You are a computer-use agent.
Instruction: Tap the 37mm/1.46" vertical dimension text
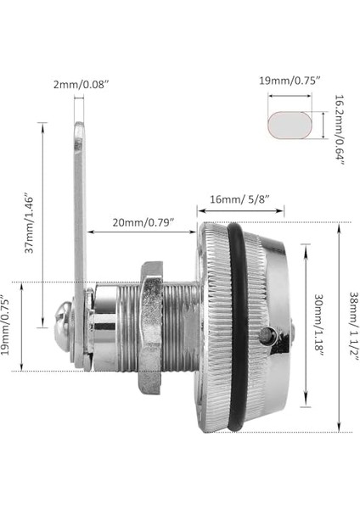click(31, 223)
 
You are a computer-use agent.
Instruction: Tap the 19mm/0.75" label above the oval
click(289, 83)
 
